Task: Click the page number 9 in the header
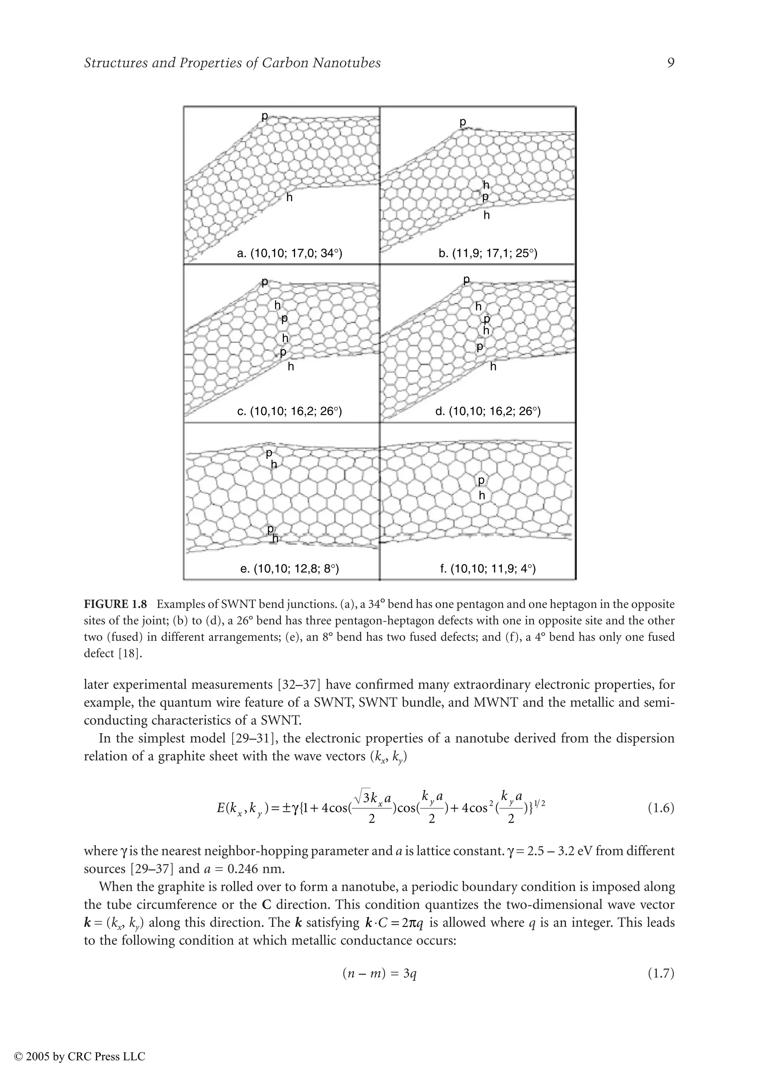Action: (x=670, y=63)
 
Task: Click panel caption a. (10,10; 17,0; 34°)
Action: (x=290, y=254)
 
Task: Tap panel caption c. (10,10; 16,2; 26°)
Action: (x=290, y=411)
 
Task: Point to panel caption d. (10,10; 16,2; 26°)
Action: (x=488, y=411)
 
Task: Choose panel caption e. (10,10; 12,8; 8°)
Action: (x=289, y=569)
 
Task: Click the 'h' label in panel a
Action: (x=289, y=198)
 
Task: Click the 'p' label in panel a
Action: (x=265, y=116)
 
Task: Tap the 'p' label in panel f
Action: (x=481, y=481)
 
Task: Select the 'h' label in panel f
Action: (x=481, y=495)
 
